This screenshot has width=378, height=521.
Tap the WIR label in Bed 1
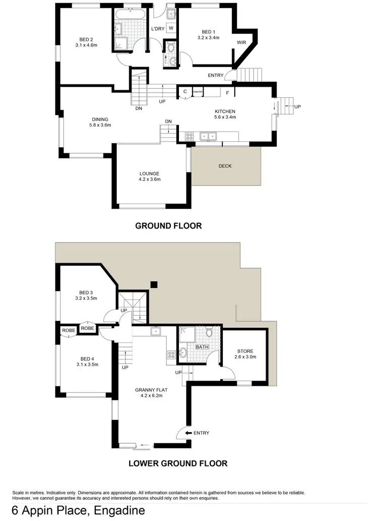(x=242, y=43)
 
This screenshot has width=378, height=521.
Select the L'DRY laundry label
(x=158, y=28)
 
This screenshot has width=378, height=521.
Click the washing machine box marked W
(x=171, y=28)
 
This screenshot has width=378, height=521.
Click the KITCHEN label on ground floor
(x=225, y=111)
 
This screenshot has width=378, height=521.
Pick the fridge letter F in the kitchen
(x=227, y=93)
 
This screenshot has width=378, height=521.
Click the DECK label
(x=225, y=166)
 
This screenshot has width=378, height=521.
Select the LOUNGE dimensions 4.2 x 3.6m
(x=150, y=179)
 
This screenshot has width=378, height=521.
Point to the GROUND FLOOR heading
(x=168, y=226)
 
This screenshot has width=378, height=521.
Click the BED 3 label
(x=86, y=292)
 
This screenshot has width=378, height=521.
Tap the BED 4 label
(x=86, y=358)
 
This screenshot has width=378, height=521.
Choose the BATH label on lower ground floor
(x=202, y=347)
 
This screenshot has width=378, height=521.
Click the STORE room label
(x=245, y=351)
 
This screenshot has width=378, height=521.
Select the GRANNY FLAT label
(x=150, y=389)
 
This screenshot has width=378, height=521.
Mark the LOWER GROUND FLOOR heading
(x=177, y=463)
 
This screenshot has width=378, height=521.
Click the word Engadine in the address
(x=120, y=510)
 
